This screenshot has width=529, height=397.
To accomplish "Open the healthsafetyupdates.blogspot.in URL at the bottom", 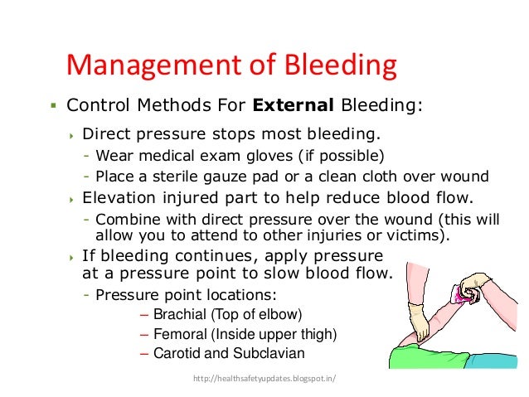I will point(265,380).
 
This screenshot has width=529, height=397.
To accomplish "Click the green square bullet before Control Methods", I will point(52,106).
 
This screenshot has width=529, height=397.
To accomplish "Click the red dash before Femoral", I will point(146,335).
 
